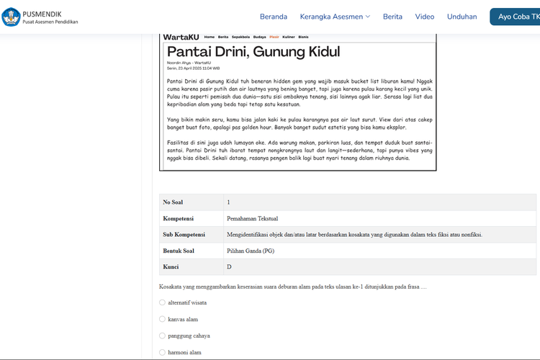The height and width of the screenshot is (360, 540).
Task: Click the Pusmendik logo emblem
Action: (x=11, y=17)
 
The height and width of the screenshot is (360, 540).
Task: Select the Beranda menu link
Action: (x=274, y=17)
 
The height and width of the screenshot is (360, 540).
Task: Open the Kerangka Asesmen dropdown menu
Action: (x=336, y=17)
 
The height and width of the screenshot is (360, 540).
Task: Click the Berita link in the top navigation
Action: (x=392, y=17)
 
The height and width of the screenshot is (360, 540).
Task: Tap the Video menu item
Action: (x=425, y=17)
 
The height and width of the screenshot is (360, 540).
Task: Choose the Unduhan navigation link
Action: (x=462, y=17)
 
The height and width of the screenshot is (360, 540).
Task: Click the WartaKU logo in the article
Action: (x=180, y=37)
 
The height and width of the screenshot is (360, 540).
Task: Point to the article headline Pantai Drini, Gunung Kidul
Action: (x=253, y=52)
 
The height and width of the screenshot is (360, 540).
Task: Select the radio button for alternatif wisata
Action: (x=162, y=302)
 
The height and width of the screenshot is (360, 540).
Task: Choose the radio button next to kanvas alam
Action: (x=162, y=319)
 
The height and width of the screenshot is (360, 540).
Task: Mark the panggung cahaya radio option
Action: (x=162, y=336)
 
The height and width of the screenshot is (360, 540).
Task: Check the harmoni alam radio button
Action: (x=162, y=352)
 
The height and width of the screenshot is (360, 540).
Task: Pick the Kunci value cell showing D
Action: (x=229, y=267)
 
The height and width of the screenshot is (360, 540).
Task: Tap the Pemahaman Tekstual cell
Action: (x=252, y=218)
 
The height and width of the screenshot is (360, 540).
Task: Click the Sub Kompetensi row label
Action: (x=184, y=235)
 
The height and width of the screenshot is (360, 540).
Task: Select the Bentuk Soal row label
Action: (x=179, y=251)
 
